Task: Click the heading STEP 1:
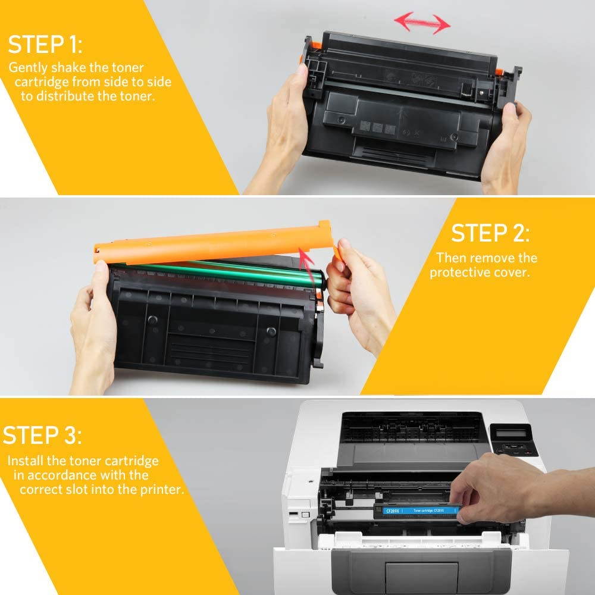[45, 45]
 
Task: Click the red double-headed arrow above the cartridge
[422, 24]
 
